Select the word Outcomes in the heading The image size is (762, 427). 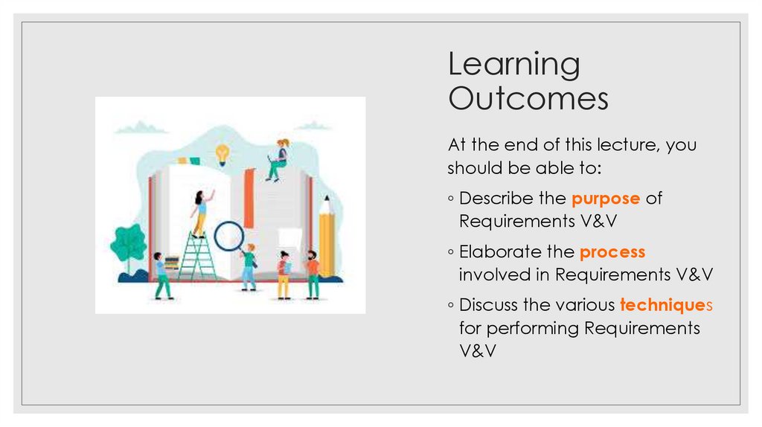tap(528, 98)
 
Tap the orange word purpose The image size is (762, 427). tap(606, 199)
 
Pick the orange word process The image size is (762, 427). tap(612, 252)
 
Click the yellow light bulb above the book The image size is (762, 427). tap(222, 154)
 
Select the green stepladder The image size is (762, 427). tap(196, 257)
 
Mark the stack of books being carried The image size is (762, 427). tap(172, 263)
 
